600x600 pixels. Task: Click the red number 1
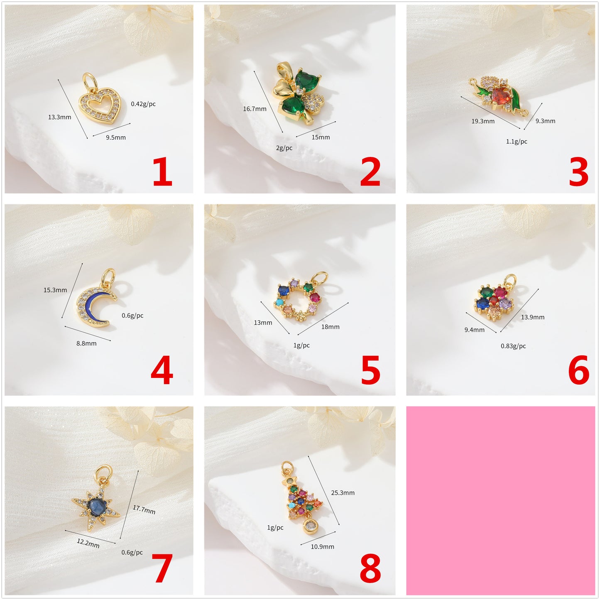162,171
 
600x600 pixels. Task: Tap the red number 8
370,568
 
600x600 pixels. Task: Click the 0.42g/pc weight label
143,104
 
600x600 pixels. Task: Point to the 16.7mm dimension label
255,109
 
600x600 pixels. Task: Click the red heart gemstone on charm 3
501,95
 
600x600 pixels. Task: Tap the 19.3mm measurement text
483,121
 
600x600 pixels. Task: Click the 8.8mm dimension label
86,343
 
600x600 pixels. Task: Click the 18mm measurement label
331,327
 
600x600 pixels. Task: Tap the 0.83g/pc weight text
513,346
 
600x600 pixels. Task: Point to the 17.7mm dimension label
144,509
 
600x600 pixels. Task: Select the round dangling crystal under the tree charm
310,526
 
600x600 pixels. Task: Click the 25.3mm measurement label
343,492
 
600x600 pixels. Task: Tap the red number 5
370,370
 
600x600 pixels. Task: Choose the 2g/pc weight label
284,148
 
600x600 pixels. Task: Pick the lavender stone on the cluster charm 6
506,303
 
